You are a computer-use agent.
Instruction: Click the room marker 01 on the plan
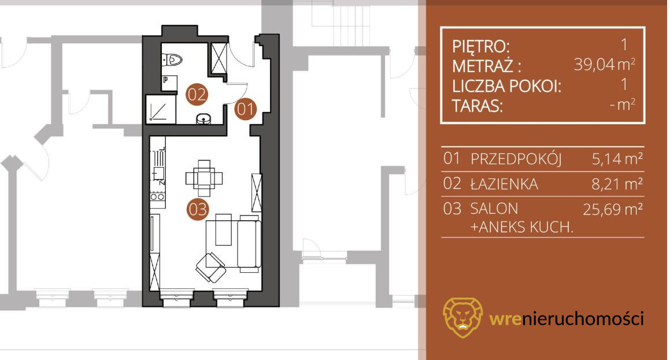245,109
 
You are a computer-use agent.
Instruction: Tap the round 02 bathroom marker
197,94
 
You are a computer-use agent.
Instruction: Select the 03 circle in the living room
197,209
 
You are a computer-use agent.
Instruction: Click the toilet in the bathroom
172,60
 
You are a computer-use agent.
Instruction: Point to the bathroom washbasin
203,118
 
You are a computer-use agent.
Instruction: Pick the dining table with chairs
204,178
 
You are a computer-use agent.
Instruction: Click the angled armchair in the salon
210,268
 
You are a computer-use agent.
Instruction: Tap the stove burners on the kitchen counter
157,196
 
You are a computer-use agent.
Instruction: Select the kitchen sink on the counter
158,173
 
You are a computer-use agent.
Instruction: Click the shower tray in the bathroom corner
161,109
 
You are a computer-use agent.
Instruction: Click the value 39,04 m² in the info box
604,65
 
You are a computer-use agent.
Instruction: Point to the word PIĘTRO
481,46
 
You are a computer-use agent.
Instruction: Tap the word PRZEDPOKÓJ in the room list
516,159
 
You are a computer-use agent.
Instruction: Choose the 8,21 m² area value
617,184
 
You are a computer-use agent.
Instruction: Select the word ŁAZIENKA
504,184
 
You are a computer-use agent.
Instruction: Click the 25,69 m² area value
613,209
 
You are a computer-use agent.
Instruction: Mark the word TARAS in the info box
477,106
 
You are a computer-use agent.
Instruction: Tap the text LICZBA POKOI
506,86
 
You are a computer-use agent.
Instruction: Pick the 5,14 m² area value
617,159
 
